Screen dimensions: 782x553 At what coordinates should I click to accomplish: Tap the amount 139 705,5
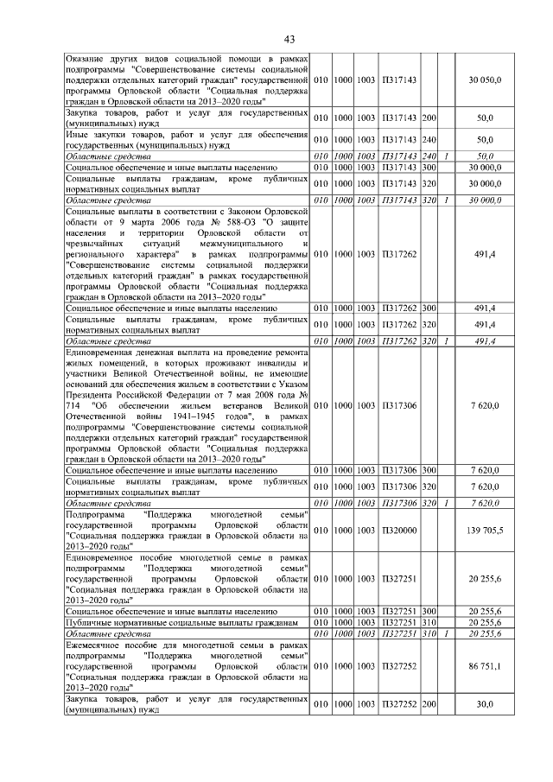(485, 529)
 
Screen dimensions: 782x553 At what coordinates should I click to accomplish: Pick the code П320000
(400, 529)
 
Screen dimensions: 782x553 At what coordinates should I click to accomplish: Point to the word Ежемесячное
(96, 645)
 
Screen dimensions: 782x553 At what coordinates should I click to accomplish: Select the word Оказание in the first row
(86, 57)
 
